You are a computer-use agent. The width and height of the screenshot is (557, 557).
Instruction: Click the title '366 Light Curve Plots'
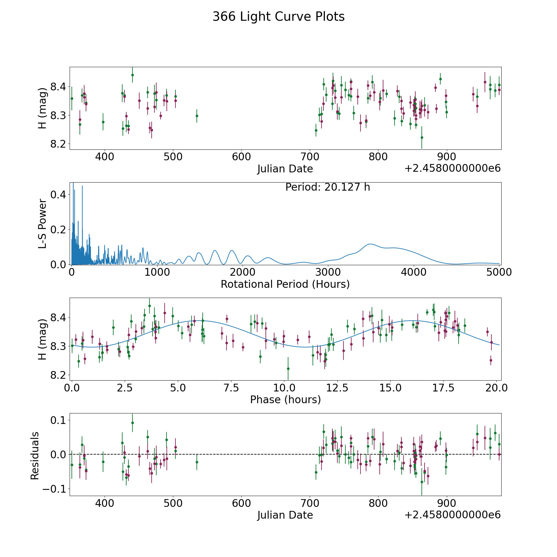(x=278, y=17)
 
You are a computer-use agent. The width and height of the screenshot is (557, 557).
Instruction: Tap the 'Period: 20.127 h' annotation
(x=327, y=187)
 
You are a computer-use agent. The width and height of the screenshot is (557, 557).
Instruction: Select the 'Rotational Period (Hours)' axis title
(x=285, y=284)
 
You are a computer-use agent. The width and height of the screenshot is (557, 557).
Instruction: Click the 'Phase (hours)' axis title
(x=285, y=399)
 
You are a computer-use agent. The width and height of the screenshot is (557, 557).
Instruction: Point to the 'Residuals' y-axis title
(x=35, y=456)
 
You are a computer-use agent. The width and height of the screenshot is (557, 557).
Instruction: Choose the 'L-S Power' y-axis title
(x=42, y=224)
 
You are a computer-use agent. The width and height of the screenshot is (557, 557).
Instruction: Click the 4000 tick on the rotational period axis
(x=413, y=272)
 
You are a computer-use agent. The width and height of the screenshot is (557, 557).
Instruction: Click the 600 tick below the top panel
(x=241, y=157)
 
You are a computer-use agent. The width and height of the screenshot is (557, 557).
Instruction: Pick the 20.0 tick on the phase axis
(x=496, y=388)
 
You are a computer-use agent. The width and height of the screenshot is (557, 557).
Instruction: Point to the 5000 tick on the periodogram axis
(x=499, y=272)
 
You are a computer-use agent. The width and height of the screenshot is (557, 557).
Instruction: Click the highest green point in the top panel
(x=132, y=75)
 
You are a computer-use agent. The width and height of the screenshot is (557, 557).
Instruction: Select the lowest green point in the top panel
(x=421, y=137)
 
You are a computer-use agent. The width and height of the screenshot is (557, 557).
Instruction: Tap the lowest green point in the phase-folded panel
(x=288, y=369)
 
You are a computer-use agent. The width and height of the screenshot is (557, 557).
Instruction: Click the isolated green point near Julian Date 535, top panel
(x=197, y=116)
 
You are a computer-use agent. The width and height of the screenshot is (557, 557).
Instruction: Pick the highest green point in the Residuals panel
(x=132, y=423)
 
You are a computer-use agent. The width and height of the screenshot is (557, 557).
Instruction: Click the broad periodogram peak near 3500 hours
(x=370, y=244)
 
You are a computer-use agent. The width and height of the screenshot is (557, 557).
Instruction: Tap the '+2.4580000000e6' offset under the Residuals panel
(x=452, y=515)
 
